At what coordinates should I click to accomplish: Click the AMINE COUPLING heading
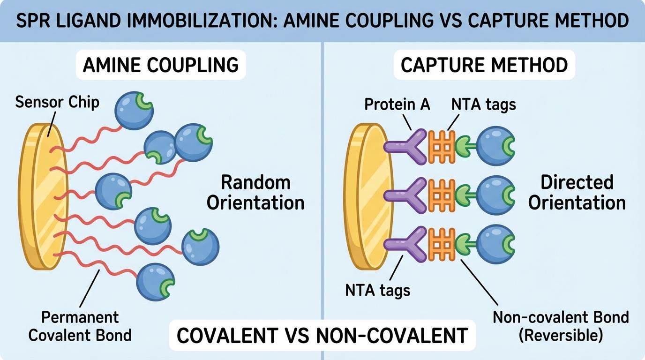160,65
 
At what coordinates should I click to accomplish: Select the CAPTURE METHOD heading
484,65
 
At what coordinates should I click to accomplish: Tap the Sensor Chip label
57,102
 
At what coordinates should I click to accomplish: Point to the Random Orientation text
255,192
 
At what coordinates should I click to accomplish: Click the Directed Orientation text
577,192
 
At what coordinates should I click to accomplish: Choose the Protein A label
397,104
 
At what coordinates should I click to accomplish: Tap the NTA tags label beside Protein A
483,104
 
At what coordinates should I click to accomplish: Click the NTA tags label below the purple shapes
377,290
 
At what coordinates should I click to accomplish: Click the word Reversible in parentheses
561,336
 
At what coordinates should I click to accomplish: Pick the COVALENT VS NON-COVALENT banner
322,335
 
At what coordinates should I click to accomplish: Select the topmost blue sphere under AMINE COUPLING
134,111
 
